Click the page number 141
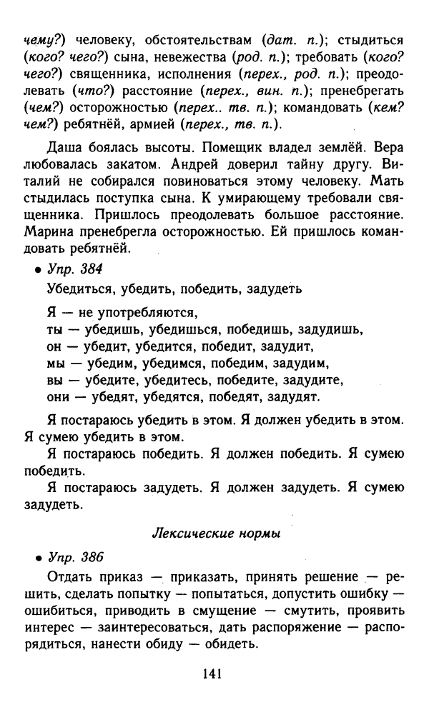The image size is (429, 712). [214, 673]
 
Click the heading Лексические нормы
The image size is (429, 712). [217, 533]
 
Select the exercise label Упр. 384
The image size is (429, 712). [75, 269]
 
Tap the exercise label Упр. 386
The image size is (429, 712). [75, 556]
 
